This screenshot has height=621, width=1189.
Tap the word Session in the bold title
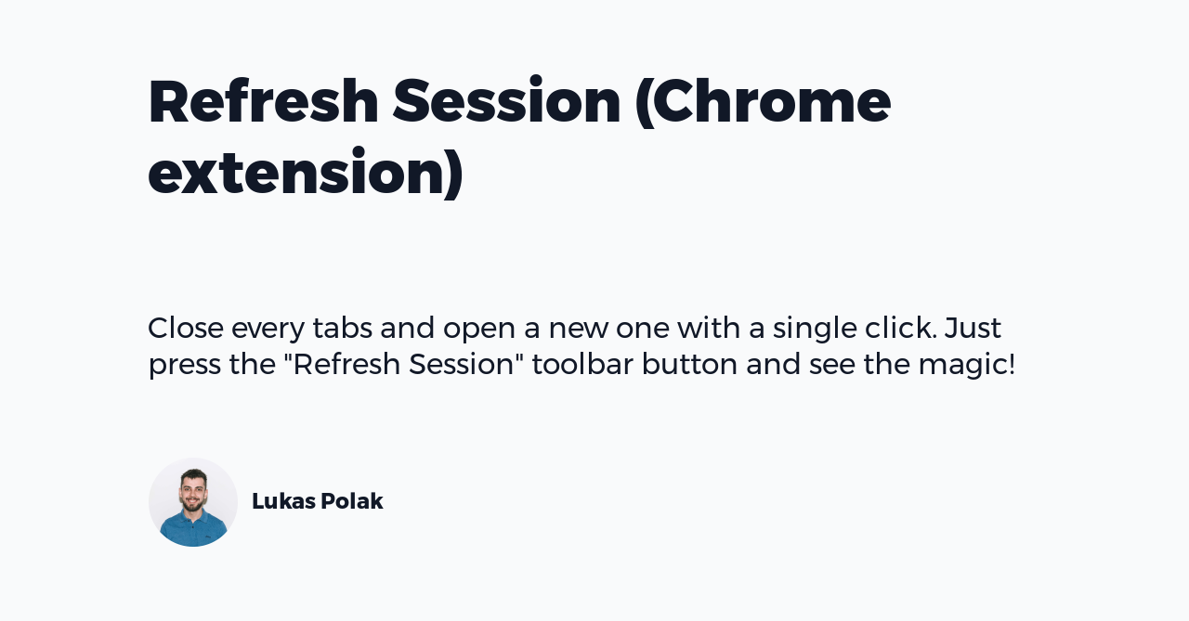pos(506,101)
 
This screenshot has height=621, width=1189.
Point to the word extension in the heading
pos(298,172)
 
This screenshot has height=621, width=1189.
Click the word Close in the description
pos(186,329)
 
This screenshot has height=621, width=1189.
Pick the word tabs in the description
pos(342,329)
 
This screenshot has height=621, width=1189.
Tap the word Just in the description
pos(973,329)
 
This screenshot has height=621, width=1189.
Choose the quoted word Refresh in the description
pos(346,364)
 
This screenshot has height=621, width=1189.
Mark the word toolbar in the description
pos(582,364)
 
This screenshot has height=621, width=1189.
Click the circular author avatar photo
pos(193,502)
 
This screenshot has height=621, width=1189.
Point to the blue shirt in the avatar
pos(193,531)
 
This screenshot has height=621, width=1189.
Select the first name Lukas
pos(282,501)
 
